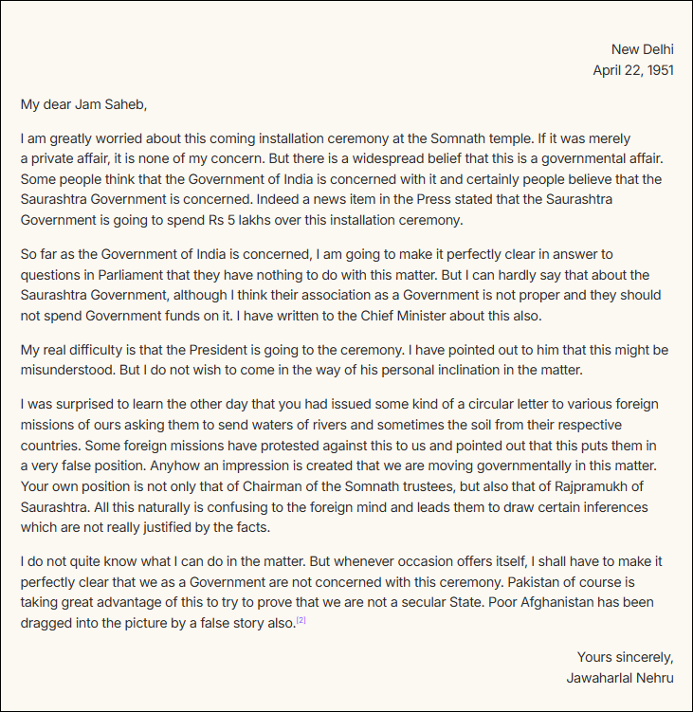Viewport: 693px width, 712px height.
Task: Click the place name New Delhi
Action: (643, 49)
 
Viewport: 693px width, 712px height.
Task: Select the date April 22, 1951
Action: (633, 70)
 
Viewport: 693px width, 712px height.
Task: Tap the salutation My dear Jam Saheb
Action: (84, 103)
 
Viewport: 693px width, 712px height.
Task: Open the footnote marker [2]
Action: (301, 621)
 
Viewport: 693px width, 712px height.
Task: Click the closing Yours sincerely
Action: (626, 657)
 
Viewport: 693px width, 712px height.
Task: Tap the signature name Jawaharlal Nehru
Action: (620, 678)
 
